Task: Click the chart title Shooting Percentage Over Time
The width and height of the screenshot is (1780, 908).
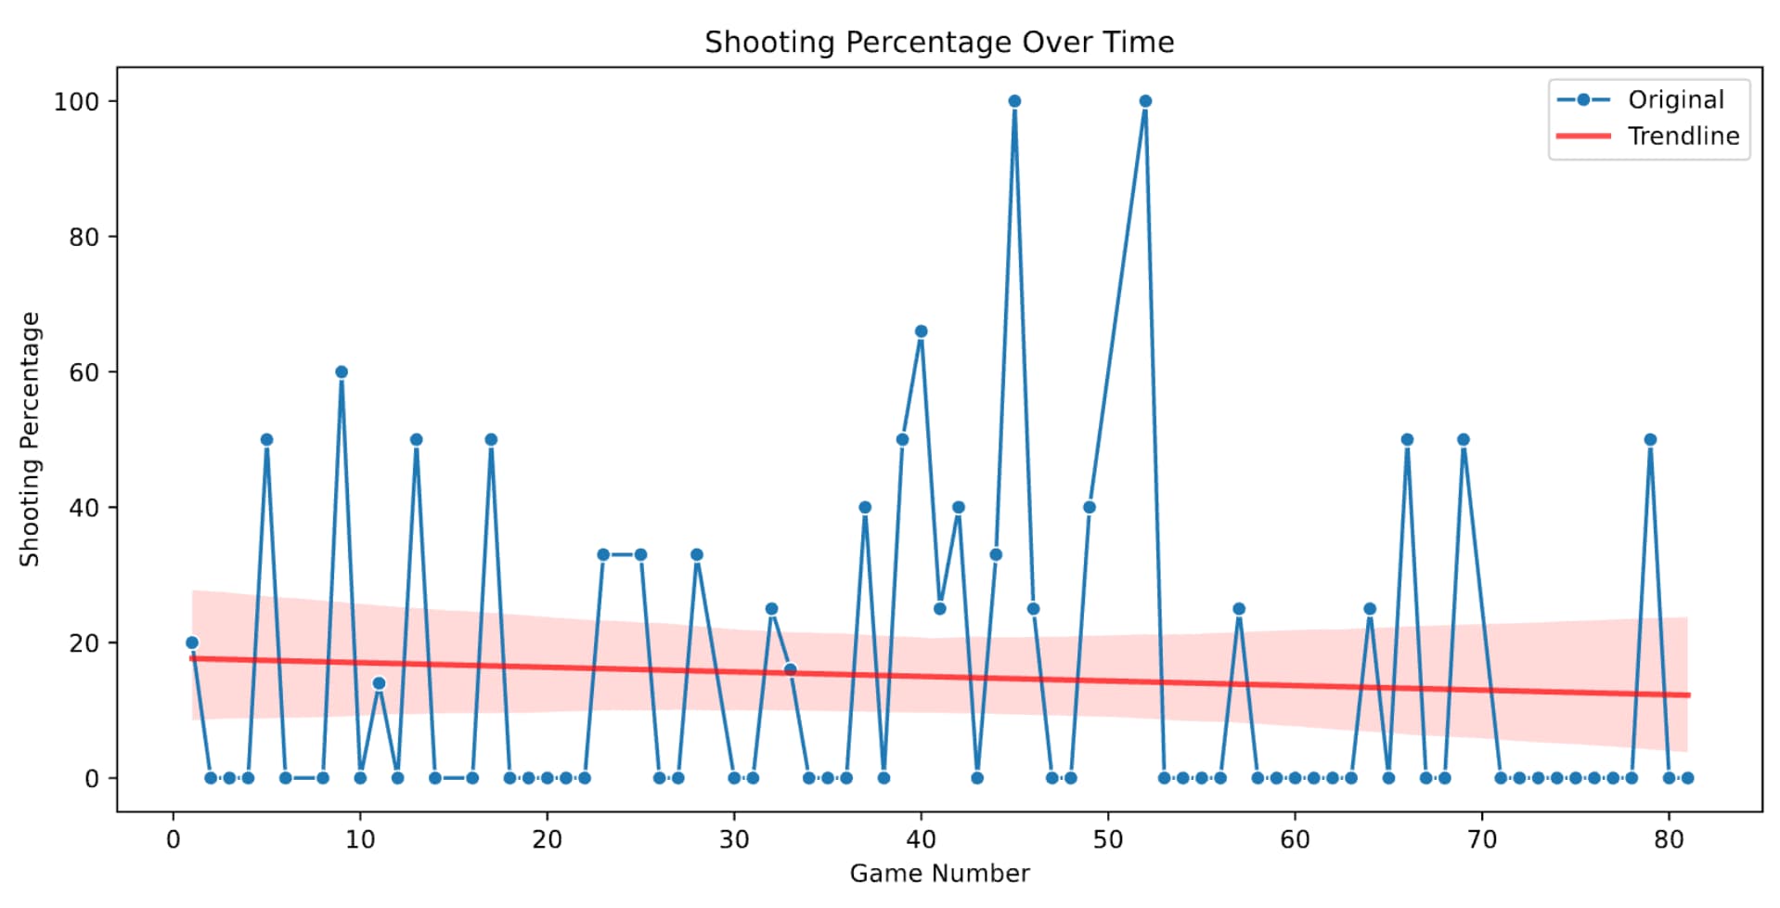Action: coord(938,42)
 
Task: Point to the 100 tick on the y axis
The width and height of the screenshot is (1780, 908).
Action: coord(77,101)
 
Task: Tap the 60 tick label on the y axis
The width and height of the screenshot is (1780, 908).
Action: coord(84,372)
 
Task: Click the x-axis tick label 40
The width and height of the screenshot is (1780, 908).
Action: coord(921,839)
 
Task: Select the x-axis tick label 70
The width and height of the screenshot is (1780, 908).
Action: coord(1481,839)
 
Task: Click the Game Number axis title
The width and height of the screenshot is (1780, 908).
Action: coord(938,874)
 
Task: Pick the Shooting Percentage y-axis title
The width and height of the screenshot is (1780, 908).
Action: coord(30,439)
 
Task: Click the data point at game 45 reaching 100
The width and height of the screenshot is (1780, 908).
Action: coord(1014,101)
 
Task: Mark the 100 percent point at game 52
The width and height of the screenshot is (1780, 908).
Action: coord(1145,101)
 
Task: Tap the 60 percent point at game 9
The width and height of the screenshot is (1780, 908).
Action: coord(342,372)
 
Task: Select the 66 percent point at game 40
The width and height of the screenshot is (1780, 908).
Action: coord(921,331)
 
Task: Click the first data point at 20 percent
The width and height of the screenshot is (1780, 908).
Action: coord(192,642)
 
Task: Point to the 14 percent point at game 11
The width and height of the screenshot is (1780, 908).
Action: coord(379,683)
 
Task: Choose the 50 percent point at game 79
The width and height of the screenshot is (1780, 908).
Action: coord(1650,440)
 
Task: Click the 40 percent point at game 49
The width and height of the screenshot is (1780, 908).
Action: coord(1090,507)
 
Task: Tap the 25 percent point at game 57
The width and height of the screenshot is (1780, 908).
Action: coord(1239,609)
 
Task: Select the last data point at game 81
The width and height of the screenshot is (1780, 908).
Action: coord(1687,778)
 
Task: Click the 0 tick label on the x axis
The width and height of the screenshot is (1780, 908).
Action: coord(174,839)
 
